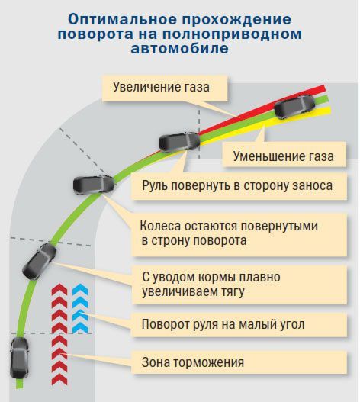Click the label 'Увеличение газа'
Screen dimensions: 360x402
coord(161,87)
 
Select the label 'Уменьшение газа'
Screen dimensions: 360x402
coord(283,156)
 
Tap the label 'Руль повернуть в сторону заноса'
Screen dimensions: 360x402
coord(237,185)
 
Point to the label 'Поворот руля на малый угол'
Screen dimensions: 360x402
coord(223,324)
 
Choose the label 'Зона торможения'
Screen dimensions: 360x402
coord(192,362)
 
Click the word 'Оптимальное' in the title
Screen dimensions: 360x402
coord(123,19)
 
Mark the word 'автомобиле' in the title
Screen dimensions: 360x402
coord(179,48)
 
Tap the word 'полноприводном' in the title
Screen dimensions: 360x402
coord(232,34)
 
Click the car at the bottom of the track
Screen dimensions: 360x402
coord(19,358)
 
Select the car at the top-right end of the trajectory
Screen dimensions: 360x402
coord(294,107)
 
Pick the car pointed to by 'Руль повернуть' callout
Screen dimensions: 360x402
coord(179,142)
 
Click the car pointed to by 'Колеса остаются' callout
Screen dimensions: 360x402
coord(94,185)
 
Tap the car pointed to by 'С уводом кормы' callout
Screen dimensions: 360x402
coord(40,261)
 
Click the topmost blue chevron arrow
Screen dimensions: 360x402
coord(80,290)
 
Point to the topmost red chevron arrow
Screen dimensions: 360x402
coord(59,290)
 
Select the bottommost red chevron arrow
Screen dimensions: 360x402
coord(59,379)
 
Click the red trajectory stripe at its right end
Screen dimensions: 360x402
coord(323,89)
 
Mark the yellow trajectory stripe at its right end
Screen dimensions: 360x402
coord(328,111)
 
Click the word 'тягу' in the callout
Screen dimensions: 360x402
coord(233,292)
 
